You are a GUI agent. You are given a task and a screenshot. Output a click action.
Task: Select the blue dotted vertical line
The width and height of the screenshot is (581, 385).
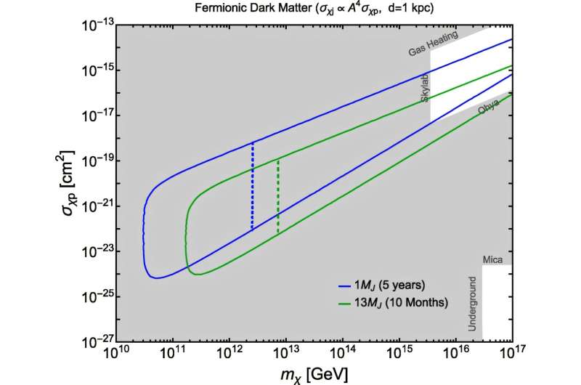coord(252,185)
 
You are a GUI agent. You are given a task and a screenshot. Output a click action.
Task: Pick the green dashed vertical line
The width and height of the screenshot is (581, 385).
coord(278,196)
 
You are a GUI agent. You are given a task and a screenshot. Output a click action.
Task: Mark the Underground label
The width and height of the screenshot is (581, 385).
coord(472,304)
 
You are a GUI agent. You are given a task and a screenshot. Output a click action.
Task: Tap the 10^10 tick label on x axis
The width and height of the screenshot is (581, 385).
coord(117,354)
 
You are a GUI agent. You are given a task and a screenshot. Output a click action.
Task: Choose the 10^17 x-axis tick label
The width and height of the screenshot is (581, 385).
coord(512,354)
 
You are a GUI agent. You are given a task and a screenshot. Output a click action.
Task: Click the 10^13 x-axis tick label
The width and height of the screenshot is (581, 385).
coord(286,354)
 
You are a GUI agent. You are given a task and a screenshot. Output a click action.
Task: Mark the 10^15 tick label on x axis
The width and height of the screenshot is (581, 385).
coord(399,354)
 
